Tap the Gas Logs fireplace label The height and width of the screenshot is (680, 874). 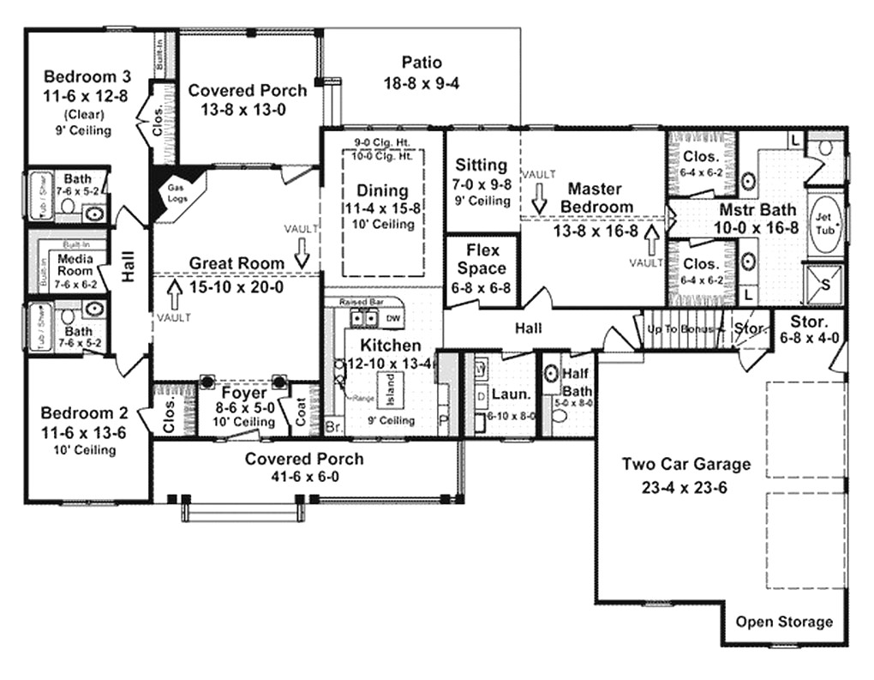[x=176, y=191]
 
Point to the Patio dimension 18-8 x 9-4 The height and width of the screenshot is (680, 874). [x=422, y=82]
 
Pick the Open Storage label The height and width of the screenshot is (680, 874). [x=784, y=622]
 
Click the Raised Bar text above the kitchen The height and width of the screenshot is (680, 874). [x=359, y=303]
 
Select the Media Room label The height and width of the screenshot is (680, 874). [x=75, y=262]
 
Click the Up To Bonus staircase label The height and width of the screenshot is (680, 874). [x=680, y=329]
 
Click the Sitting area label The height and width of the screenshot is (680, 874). [x=481, y=165]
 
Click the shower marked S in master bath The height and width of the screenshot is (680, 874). [x=825, y=283]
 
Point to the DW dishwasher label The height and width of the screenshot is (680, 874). [x=392, y=319]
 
